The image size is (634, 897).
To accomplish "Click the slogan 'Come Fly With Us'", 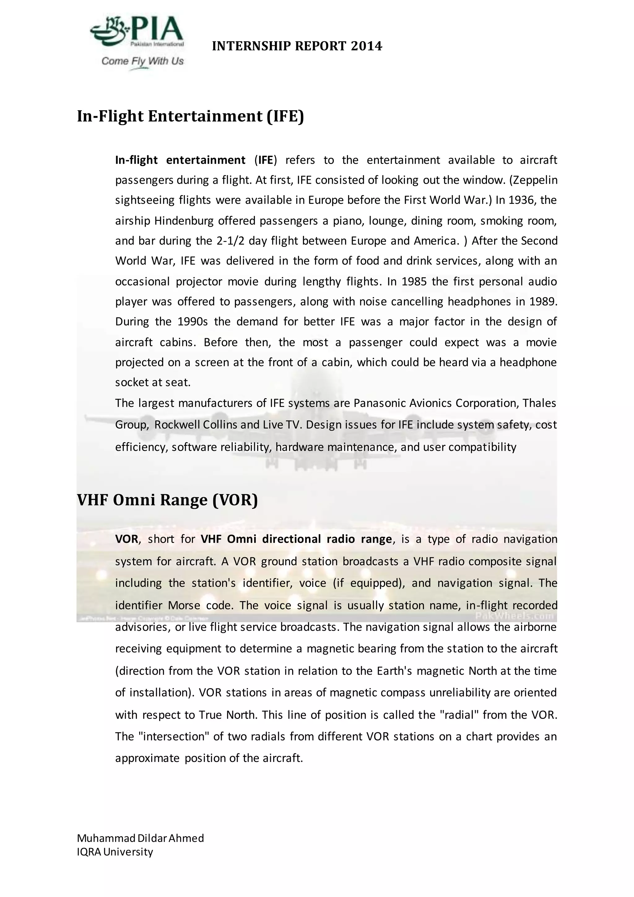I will pyautogui.click(x=142, y=61).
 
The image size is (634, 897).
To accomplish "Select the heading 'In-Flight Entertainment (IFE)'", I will pyautogui.click(x=190, y=116).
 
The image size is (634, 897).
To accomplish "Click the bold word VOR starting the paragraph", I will pyautogui.click(x=127, y=539).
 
